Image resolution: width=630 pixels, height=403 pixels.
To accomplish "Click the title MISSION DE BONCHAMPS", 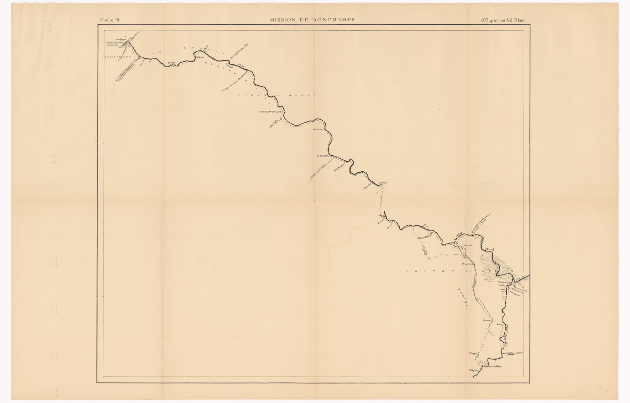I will click(312, 20).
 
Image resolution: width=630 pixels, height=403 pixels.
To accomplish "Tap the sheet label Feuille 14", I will click(110, 20).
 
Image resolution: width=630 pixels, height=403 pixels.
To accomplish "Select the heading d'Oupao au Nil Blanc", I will click(503, 20).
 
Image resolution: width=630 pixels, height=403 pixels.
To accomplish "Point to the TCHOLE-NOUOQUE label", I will click(270, 112).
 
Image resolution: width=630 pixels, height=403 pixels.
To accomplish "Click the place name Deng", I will click(490, 249).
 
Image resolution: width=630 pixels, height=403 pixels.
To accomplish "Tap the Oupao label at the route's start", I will click(473, 370).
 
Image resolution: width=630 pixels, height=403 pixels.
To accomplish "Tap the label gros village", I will click(495, 366).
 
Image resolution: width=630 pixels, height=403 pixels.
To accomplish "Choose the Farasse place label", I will click(486, 320).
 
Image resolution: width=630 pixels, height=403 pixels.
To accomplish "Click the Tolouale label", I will click(466, 246).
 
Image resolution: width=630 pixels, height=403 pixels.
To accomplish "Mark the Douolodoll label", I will click(466, 264).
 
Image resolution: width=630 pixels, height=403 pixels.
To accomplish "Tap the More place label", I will click(499, 325).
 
